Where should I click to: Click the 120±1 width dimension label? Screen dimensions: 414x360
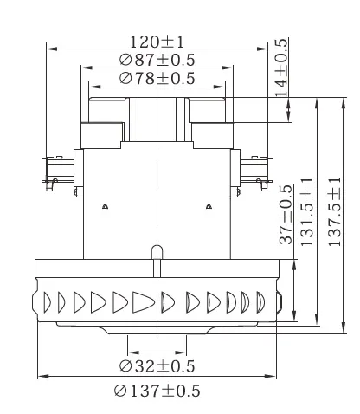pos(157,42)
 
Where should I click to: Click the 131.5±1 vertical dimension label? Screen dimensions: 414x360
pos(306,213)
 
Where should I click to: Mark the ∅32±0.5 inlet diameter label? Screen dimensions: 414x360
pos(157,365)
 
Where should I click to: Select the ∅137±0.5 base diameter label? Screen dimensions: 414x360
pos(157,391)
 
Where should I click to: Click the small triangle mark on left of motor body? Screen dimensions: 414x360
pos(104,206)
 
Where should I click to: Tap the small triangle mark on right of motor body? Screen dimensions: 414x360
pos(209,206)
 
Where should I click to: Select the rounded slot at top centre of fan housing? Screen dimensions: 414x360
pos(156,252)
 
